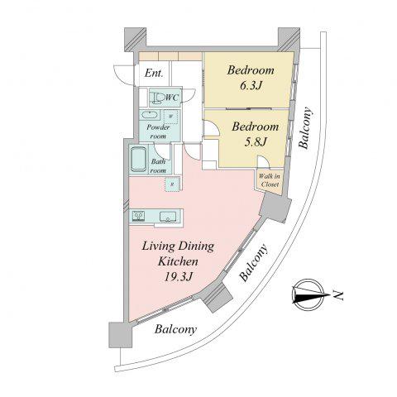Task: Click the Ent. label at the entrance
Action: (x=154, y=73)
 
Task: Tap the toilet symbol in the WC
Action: (x=158, y=98)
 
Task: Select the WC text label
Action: (x=172, y=98)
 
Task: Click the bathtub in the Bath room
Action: (x=138, y=159)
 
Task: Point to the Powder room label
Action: (x=158, y=132)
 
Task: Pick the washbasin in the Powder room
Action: (x=149, y=115)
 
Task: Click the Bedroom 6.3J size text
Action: (x=251, y=86)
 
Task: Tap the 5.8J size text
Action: (x=256, y=142)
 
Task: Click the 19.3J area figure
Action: (x=178, y=276)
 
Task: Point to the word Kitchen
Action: (x=178, y=261)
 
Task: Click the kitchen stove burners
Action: (x=138, y=216)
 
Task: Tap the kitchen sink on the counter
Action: (x=168, y=217)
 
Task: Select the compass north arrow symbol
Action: (x=309, y=295)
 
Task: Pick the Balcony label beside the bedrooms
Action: (x=306, y=128)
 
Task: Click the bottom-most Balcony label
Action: (x=175, y=329)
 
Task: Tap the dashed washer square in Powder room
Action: (x=171, y=117)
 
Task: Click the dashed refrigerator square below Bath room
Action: (x=172, y=184)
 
